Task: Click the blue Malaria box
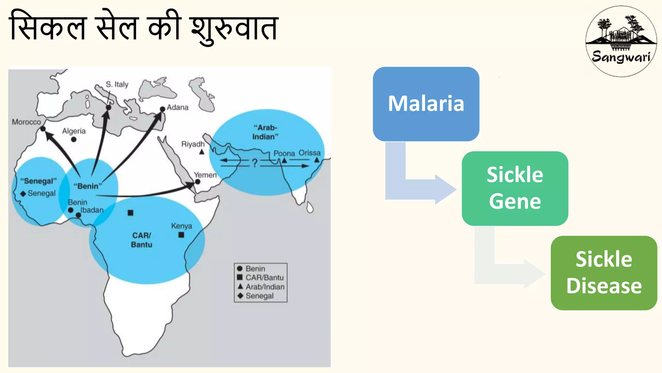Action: click(x=426, y=104)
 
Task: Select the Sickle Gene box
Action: click(x=515, y=188)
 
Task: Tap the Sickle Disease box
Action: click(x=603, y=273)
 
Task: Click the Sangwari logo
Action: click(x=621, y=41)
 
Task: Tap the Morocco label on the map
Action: click(x=27, y=122)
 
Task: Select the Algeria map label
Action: click(x=74, y=131)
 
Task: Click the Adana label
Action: click(x=177, y=107)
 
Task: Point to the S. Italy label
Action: click(x=117, y=85)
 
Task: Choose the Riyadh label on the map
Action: click(x=193, y=144)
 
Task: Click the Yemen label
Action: click(x=205, y=175)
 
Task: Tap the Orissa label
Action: click(x=309, y=153)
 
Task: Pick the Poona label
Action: click(x=284, y=153)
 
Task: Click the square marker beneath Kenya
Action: click(x=181, y=235)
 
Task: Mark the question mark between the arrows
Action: click(x=255, y=163)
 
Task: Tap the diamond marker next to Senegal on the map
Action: click(x=23, y=194)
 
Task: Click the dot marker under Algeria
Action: click(x=74, y=140)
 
